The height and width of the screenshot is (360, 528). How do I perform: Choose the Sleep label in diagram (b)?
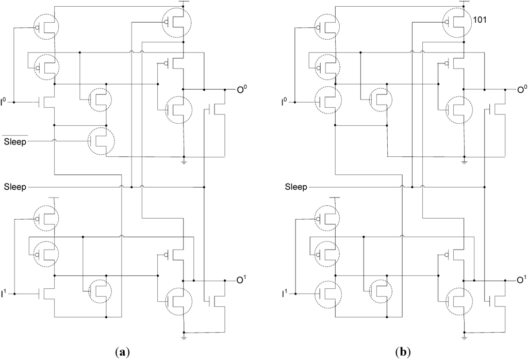point(295,186)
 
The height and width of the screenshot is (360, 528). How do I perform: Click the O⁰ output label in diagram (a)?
point(241,90)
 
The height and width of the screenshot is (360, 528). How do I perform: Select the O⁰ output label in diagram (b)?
point(522,90)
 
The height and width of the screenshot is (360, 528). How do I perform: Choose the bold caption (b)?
point(402,352)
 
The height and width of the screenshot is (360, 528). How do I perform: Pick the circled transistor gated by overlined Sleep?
point(101,140)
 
